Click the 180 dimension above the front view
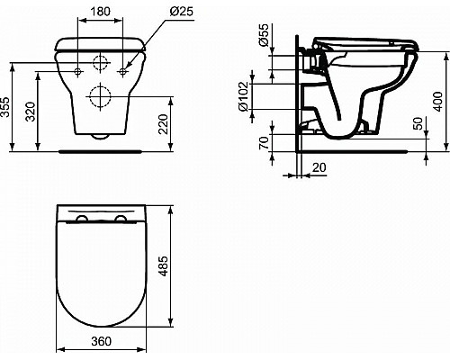click(x=101, y=12)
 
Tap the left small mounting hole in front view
click(x=78, y=69)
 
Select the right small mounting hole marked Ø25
click(x=123, y=69)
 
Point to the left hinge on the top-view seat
click(x=84, y=219)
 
